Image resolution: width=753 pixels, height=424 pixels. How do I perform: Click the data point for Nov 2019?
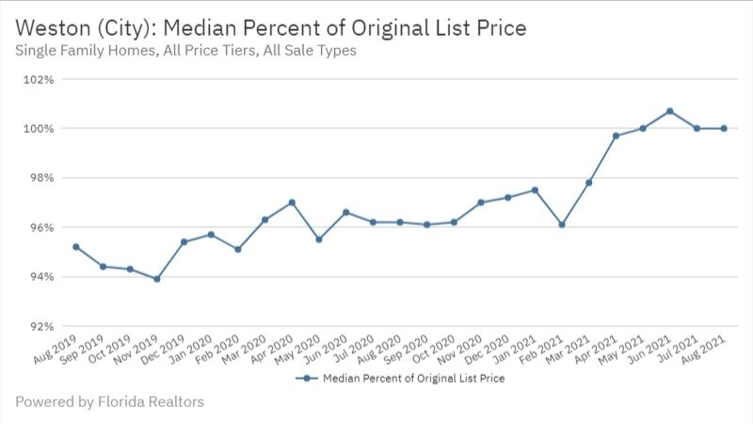coord(156,279)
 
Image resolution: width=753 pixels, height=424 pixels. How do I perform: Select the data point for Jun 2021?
coord(669,111)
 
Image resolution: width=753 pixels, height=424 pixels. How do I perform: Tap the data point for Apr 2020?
coord(292,203)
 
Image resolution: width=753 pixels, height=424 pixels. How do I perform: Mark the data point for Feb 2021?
coord(562,224)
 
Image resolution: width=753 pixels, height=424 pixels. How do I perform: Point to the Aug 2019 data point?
coord(75,247)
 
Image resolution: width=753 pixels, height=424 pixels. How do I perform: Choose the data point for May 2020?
coord(319,239)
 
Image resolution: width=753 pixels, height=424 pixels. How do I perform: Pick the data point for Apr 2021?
coord(616,136)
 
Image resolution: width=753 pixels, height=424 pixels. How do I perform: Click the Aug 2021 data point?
coord(724,128)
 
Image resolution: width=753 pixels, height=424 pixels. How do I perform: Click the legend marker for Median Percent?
coord(304,379)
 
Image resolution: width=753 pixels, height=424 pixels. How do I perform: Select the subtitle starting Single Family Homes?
coord(185,51)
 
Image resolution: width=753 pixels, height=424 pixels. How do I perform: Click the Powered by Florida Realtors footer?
coord(109,402)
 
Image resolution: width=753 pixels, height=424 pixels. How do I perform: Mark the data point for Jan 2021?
coord(535,190)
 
